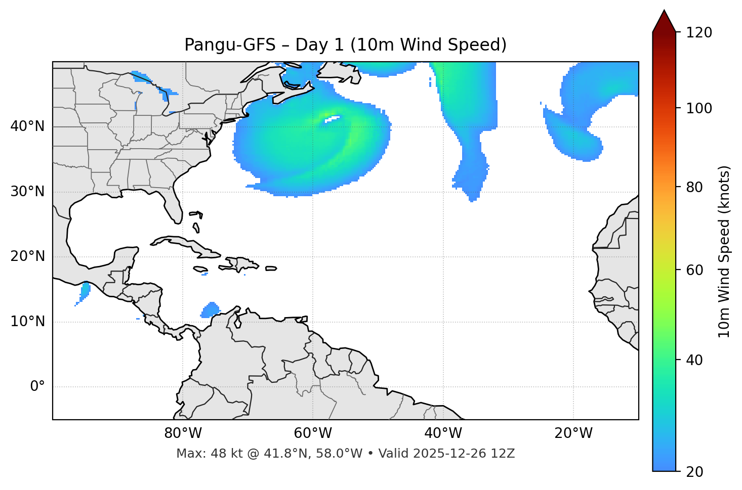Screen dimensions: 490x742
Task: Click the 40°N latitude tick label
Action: pos(27,126)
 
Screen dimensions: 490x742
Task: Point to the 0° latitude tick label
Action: pos(37,387)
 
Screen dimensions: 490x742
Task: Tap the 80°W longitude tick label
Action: pos(183,433)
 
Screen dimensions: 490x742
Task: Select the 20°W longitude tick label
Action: pos(573,433)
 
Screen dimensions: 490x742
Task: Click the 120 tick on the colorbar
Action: pos(699,32)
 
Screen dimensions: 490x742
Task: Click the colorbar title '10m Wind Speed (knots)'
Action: pos(724,251)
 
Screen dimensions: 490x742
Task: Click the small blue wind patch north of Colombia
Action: pos(210,309)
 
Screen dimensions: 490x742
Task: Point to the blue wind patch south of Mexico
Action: pos(85,291)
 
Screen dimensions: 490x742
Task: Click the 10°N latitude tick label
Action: pos(27,322)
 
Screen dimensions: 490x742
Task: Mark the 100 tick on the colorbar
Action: pos(699,108)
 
